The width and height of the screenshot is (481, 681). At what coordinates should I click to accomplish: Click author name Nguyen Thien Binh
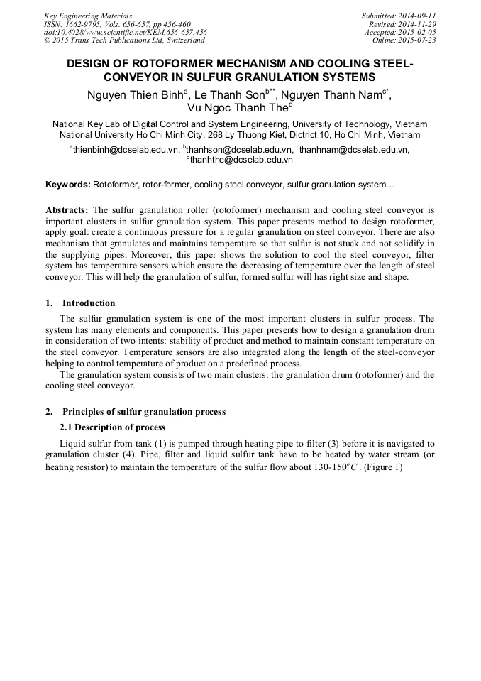tap(134, 94)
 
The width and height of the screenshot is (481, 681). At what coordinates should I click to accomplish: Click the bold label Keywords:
tap(68, 185)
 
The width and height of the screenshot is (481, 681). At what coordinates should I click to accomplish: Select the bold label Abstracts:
tap(67, 211)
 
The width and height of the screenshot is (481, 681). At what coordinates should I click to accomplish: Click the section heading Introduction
tap(89, 303)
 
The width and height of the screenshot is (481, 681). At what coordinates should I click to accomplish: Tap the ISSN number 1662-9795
tap(84, 24)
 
